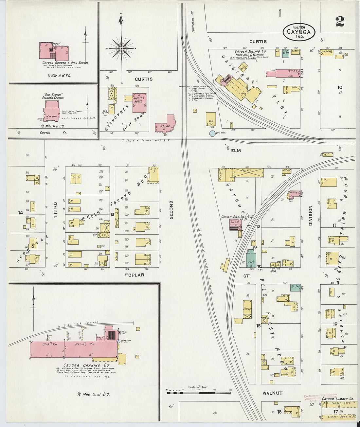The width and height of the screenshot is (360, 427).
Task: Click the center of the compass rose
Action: pos(121,49)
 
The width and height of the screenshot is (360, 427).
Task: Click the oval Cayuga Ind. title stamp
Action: pos(299,31)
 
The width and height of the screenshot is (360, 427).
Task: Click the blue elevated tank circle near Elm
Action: pos(212,133)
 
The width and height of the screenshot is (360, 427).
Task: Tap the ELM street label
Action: pos(236,151)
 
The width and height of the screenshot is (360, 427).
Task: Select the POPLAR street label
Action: pos(135,275)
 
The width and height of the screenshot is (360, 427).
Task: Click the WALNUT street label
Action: pos(272,393)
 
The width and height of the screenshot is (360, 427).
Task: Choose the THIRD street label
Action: pos(55,210)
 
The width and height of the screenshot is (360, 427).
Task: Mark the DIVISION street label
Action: pos(310,216)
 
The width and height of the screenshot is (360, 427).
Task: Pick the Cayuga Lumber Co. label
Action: pos(337,399)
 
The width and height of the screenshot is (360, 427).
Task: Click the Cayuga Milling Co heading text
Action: pos(250,51)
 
